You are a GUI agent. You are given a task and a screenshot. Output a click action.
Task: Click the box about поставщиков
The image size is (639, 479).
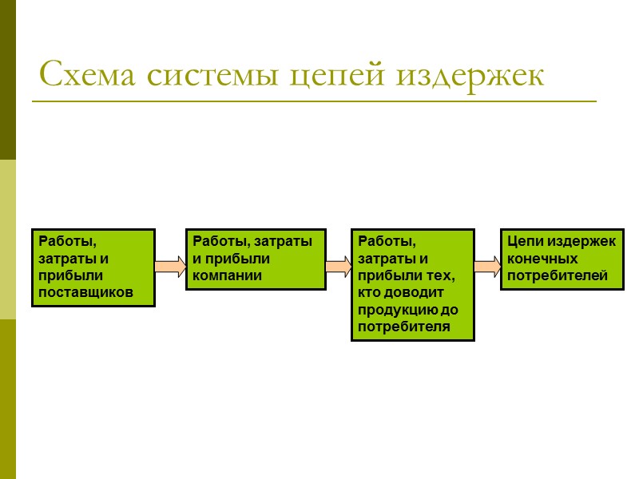(93, 267)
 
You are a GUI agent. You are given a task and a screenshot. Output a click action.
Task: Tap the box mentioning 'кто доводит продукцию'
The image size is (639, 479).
(412, 285)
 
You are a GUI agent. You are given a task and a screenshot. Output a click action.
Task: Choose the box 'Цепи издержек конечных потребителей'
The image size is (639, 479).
(562, 259)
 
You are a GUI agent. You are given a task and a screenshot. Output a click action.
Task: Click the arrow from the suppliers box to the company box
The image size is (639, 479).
(170, 266)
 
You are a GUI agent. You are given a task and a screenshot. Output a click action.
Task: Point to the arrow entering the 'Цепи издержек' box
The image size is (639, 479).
(486, 266)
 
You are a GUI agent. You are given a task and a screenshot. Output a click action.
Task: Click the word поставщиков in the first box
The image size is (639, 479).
(85, 294)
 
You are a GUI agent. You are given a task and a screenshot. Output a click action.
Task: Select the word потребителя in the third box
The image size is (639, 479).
(404, 327)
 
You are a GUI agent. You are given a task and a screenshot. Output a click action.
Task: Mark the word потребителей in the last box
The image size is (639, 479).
(558, 276)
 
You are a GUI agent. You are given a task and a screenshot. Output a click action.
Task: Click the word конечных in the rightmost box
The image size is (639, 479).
(542, 259)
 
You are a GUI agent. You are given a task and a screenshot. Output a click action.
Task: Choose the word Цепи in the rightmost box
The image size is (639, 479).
(524, 241)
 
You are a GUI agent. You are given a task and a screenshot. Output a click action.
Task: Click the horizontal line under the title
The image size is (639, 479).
(313, 101)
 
